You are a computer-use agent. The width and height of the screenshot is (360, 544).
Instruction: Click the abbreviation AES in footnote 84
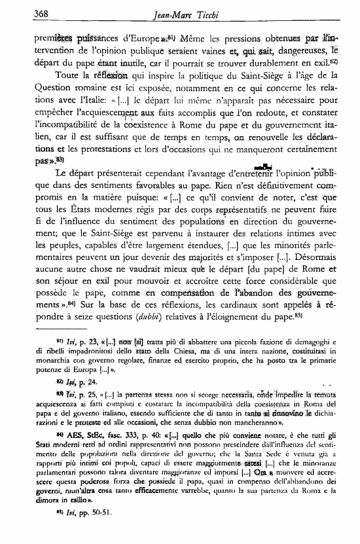tap(55, 458)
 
